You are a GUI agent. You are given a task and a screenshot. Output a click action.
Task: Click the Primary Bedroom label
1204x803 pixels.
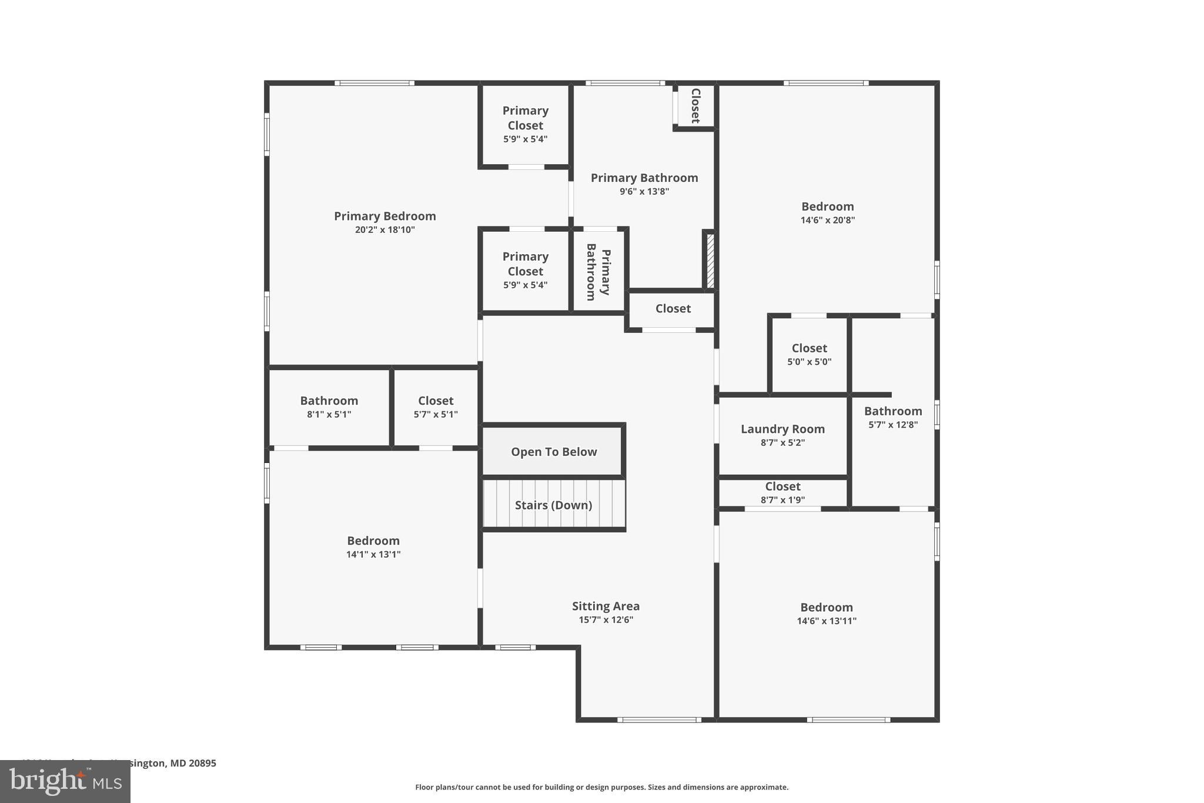384,216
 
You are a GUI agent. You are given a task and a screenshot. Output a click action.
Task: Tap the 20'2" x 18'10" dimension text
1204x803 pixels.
384,230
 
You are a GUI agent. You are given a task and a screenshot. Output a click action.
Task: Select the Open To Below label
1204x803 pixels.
554,452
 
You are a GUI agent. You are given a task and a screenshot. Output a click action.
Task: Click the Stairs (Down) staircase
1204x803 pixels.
554,504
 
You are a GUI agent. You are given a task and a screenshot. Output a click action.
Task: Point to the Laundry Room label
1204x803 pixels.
782,429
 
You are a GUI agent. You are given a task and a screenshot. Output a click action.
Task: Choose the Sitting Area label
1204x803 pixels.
606,606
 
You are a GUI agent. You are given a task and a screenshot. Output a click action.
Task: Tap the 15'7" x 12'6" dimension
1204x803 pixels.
606,620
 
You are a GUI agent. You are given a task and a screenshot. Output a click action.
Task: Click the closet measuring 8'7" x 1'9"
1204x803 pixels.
782,492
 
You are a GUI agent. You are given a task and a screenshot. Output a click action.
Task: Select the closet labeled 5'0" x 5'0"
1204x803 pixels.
809,354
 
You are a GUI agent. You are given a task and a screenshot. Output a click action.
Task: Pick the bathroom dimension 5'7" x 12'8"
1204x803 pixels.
893,425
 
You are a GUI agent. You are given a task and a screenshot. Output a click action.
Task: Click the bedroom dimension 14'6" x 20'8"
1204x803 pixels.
827,221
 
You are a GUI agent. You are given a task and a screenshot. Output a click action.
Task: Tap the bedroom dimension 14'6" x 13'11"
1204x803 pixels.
827,621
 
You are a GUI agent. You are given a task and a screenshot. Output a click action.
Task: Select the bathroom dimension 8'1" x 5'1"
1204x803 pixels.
329,415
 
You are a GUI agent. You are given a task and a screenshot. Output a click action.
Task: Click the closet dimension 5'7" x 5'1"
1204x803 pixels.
436,415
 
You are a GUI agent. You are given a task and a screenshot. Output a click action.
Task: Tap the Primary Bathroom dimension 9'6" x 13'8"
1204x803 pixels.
644,192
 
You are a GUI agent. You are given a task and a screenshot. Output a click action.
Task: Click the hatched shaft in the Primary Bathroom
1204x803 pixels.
710,261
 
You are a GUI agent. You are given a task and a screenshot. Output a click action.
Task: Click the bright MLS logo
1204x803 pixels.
65,781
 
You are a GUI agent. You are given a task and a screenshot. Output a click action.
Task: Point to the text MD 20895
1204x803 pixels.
194,763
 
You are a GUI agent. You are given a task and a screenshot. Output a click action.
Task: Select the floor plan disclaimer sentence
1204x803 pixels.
601,787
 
